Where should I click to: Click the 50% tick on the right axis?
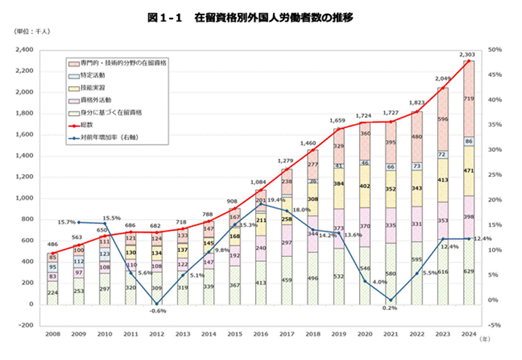tap(494, 50)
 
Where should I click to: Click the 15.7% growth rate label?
tap(67, 222)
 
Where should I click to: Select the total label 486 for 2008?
tap(52, 244)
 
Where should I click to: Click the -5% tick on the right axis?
tap(494, 325)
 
